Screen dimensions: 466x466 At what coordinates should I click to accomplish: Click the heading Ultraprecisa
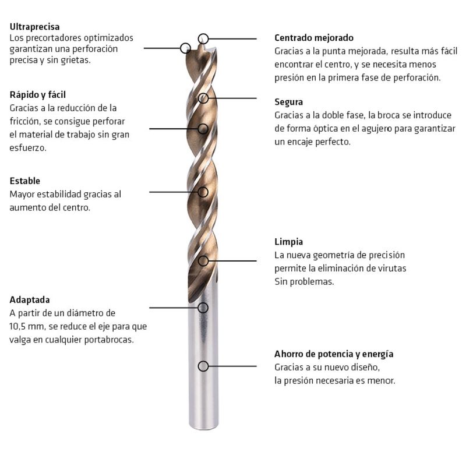(x=34, y=27)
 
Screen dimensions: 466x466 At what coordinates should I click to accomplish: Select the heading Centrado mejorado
(x=314, y=38)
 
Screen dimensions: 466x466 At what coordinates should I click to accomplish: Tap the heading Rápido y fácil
(x=37, y=95)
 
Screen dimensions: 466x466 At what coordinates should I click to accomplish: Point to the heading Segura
(x=288, y=102)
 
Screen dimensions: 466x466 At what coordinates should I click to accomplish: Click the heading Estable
(x=24, y=181)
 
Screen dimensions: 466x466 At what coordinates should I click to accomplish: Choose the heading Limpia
(x=288, y=242)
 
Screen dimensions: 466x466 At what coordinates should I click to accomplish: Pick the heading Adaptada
(x=30, y=299)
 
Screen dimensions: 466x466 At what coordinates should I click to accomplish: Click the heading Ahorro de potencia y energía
(x=334, y=354)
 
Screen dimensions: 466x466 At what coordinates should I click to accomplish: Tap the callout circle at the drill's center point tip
(x=203, y=38)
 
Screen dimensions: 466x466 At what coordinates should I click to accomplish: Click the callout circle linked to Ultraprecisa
(x=185, y=48)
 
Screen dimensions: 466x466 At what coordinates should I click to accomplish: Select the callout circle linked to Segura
(x=203, y=98)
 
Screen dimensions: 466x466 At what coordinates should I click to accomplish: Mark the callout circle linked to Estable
(x=203, y=192)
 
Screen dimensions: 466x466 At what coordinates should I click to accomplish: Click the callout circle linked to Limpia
(x=203, y=261)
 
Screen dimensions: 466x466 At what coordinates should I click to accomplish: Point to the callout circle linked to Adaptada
(x=203, y=308)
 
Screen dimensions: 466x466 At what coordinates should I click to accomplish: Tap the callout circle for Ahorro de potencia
(x=203, y=366)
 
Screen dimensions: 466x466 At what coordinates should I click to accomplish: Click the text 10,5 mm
(x=26, y=326)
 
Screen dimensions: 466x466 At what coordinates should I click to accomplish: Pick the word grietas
(x=76, y=60)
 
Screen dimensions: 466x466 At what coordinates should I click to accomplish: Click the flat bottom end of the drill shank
(x=204, y=428)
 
